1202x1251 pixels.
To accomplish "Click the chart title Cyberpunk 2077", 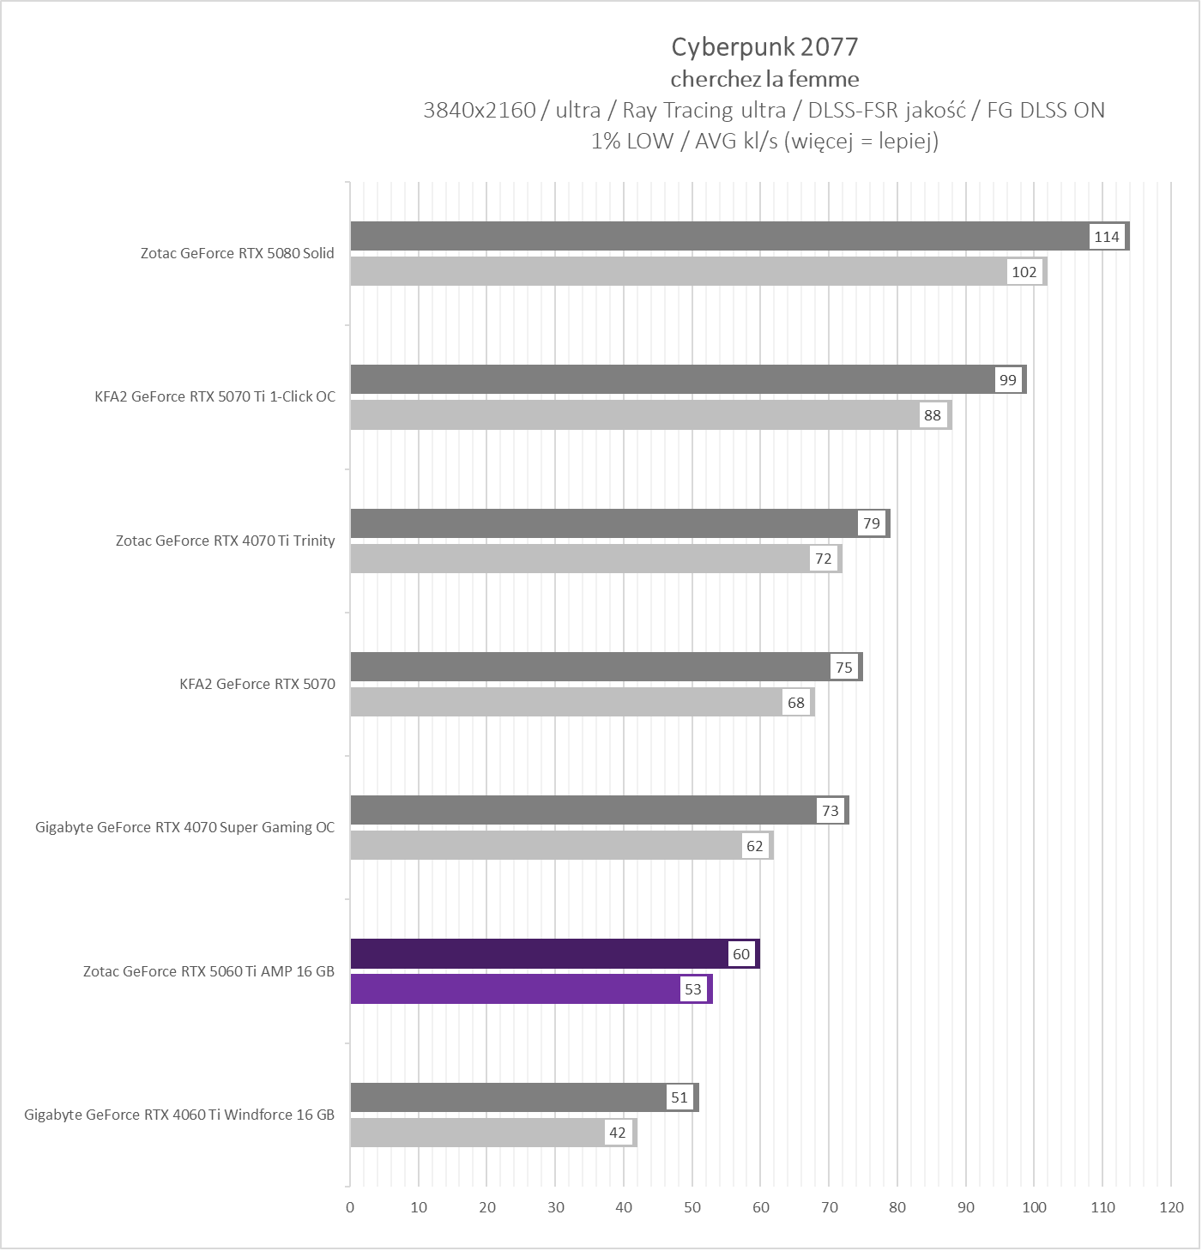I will pyautogui.click(x=764, y=47).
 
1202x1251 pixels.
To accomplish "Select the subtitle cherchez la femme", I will pyautogui.click(x=764, y=80).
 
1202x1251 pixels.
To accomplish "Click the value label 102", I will pyautogui.click(x=1024, y=272).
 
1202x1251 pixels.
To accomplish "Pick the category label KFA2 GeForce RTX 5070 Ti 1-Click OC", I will pyautogui.click(x=215, y=396).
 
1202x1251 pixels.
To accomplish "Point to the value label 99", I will pyautogui.click(x=1008, y=380).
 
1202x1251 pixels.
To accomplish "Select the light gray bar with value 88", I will pyautogui.click(x=635, y=415).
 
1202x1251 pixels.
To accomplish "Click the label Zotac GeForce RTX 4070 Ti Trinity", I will pyautogui.click(x=226, y=541).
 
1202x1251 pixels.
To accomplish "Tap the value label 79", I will pyautogui.click(x=872, y=523).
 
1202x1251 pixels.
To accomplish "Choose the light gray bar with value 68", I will pyautogui.click(x=566, y=703).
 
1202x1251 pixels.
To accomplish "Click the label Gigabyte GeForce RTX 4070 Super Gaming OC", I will pyautogui.click(x=185, y=827).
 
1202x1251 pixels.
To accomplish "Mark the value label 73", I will pyautogui.click(x=831, y=811).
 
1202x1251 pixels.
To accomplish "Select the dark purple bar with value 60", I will pyautogui.click(x=541, y=954).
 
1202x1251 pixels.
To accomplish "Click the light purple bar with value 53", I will pyautogui.click(x=515, y=989).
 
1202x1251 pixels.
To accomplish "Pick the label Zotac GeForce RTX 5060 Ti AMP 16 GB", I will pyautogui.click(x=209, y=971).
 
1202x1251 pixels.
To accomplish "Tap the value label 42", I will pyautogui.click(x=618, y=1133).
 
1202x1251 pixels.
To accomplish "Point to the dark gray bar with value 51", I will pyautogui.click(x=506, y=1097).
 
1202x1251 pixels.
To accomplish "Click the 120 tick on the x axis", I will pyautogui.click(x=1171, y=1207).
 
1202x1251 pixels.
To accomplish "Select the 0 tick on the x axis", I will pyautogui.click(x=350, y=1207).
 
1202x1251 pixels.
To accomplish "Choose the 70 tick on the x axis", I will pyautogui.click(x=830, y=1207).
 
